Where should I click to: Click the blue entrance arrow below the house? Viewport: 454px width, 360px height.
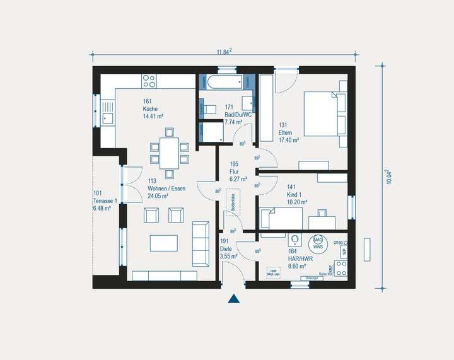pyautogui.click(x=234, y=299)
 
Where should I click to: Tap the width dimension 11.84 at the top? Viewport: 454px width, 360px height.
pyautogui.click(x=224, y=51)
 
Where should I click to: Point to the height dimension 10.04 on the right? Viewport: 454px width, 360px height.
pyautogui.click(x=388, y=176)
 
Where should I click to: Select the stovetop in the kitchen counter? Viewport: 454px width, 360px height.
pyautogui.click(x=149, y=81)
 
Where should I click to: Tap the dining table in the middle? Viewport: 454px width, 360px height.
pyautogui.click(x=169, y=153)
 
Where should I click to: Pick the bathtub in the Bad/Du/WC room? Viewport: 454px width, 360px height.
pyautogui.click(x=225, y=83)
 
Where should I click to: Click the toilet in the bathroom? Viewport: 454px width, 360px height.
pyautogui.click(x=209, y=108)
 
